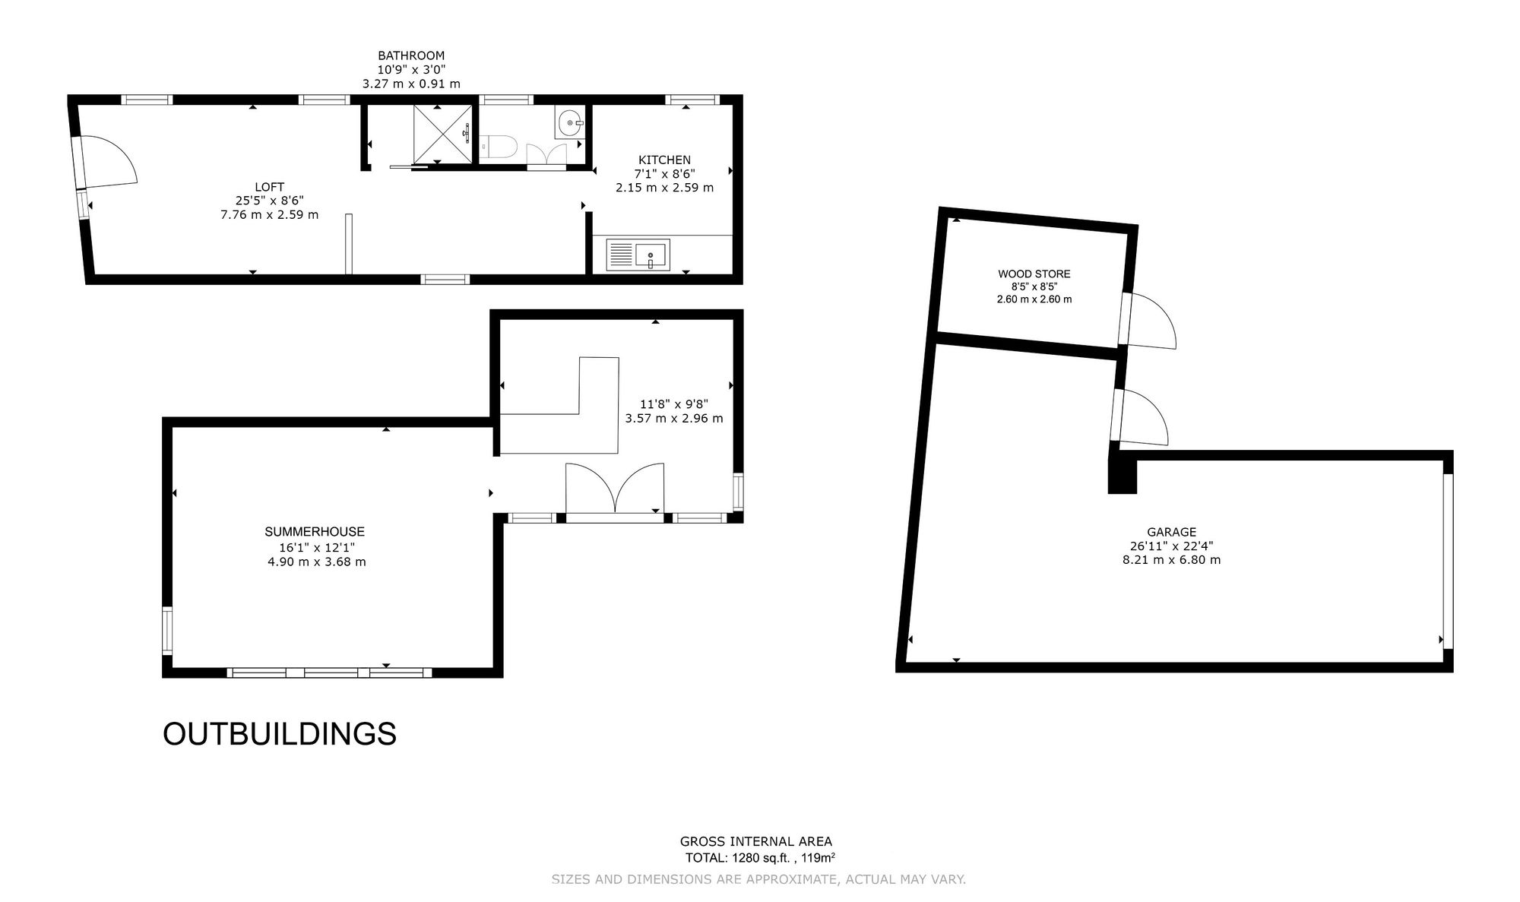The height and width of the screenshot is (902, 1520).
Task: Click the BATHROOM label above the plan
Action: pyautogui.click(x=411, y=55)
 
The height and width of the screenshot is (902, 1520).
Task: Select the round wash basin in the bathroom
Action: pyautogui.click(x=570, y=122)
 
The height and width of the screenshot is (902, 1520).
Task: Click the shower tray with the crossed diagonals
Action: pyautogui.click(x=442, y=134)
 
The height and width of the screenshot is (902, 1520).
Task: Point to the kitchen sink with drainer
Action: pyautogui.click(x=638, y=255)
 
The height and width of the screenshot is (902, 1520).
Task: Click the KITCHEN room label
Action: pyautogui.click(x=664, y=160)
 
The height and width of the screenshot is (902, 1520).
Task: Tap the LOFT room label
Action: pyautogui.click(x=270, y=187)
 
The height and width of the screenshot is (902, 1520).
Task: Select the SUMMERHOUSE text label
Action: pyautogui.click(x=315, y=532)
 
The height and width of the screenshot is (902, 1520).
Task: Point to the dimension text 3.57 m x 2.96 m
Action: pyautogui.click(x=674, y=418)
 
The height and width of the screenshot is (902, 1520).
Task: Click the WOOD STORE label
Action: pyautogui.click(x=1034, y=274)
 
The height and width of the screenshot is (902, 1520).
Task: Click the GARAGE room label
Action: pyautogui.click(x=1172, y=532)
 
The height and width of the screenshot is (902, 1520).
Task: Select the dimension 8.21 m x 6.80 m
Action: pyautogui.click(x=1172, y=560)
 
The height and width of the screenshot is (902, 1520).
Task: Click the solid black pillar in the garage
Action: pyautogui.click(x=1122, y=476)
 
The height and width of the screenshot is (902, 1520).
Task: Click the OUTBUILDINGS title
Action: pyautogui.click(x=280, y=734)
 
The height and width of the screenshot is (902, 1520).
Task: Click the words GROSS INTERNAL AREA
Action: pyautogui.click(x=756, y=841)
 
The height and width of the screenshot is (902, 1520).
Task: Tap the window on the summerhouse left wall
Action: pyautogui.click(x=167, y=630)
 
